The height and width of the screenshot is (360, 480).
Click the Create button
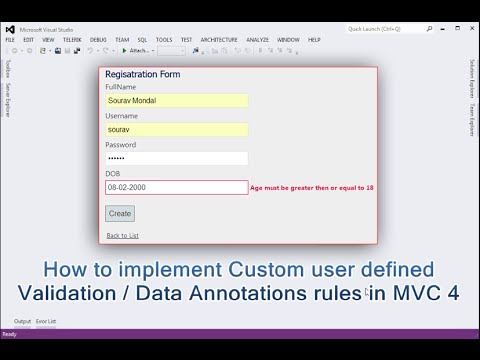[x=120, y=213]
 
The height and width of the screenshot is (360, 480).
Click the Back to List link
[x=122, y=236]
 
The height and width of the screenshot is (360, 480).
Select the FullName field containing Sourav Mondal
[x=176, y=100]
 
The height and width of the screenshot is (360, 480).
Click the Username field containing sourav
[x=176, y=129]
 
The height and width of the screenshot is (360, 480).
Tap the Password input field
[x=176, y=158]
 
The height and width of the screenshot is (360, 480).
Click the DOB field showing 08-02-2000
[x=176, y=187]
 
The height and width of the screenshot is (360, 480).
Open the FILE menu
[x=10, y=40]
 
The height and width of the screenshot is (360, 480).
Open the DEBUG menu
[x=98, y=40]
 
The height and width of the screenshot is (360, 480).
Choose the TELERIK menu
[x=72, y=40]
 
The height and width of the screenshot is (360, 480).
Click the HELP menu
[x=314, y=40]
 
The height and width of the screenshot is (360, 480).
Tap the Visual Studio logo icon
[x=10, y=29]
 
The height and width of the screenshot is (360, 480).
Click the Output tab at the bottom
[x=21, y=321]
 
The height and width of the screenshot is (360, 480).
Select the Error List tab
[x=46, y=321]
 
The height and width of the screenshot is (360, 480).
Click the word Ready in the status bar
[x=10, y=334]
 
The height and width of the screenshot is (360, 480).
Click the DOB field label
[x=112, y=174]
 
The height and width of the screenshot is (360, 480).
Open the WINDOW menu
[x=288, y=40]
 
